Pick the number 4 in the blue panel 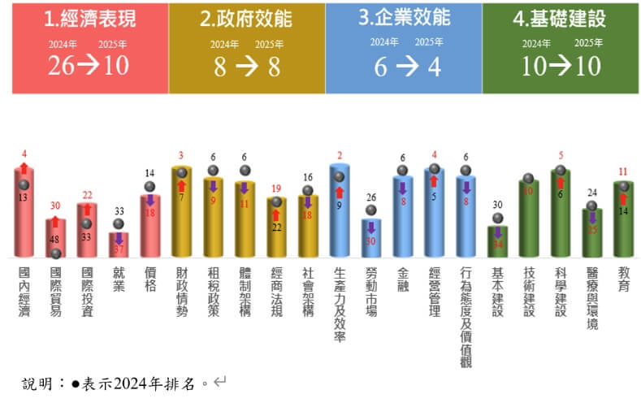[435, 67]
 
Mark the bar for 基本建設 [497, 241]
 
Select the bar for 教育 [623, 219]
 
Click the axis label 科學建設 [560, 289]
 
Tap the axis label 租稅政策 [213, 289]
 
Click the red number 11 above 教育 [623, 171]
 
